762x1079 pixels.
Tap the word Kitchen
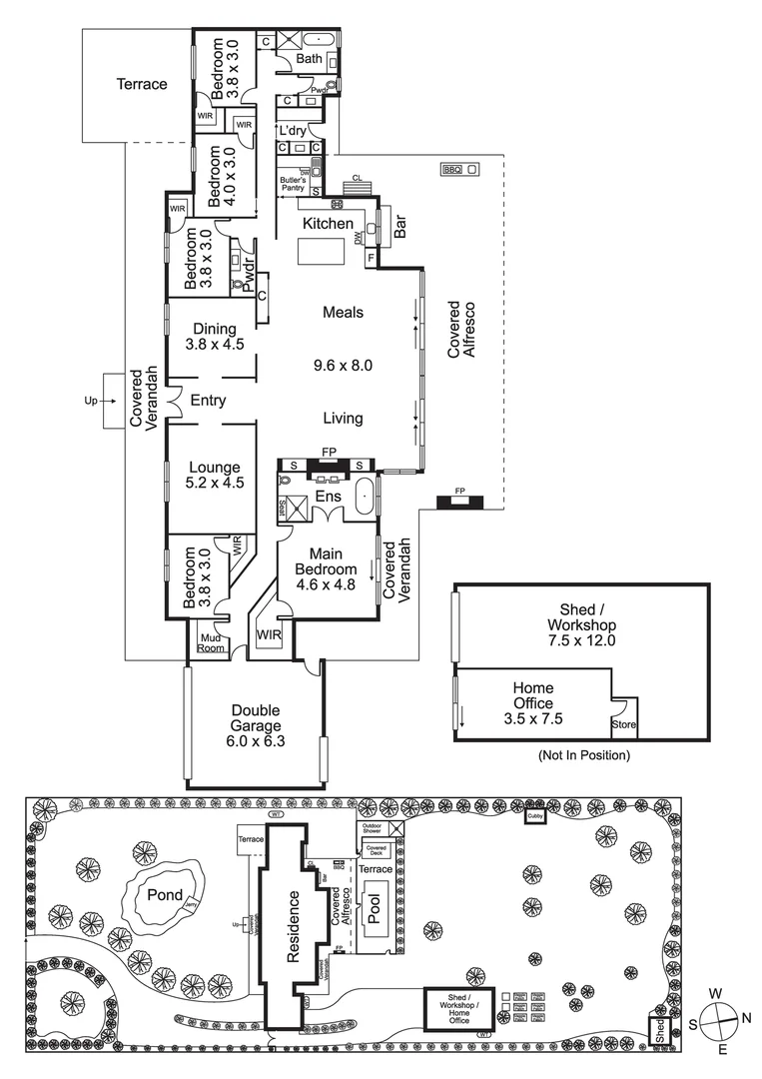point(329,223)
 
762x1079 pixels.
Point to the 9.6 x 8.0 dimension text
point(342,366)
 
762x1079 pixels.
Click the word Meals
point(343,313)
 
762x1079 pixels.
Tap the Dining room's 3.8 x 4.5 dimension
point(215,345)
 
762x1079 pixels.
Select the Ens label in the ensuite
point(329,497)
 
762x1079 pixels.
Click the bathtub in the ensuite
point(366,497)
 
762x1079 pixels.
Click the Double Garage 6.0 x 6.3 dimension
point(253,742)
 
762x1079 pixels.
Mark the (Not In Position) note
point(583,755)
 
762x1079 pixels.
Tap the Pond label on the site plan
point(165,895)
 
